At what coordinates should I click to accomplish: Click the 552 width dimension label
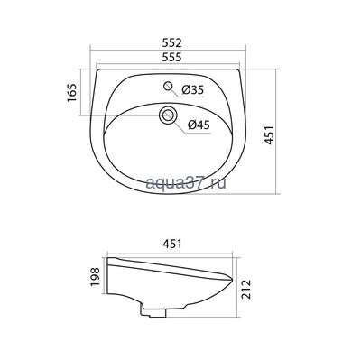click(172, 42)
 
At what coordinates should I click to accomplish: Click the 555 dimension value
click(171, 57)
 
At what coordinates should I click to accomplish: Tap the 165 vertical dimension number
click(72, 93)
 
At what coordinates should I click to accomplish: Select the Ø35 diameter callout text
click(193, 89)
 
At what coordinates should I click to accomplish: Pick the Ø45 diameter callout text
click(199, 125)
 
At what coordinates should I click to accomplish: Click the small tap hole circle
click(168, 86)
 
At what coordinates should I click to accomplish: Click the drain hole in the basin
click(167, 115)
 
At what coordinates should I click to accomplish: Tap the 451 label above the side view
click(171, 244)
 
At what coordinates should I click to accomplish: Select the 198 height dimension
click(95, 277)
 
